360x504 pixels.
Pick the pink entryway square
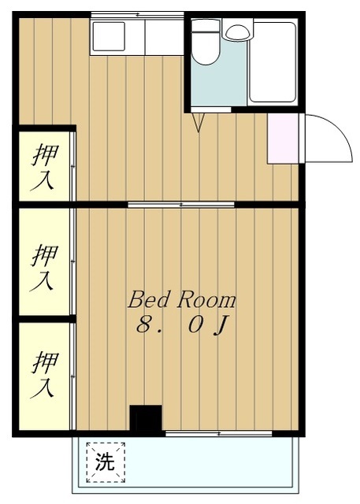(283, 139)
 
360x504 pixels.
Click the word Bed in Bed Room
(146, 300)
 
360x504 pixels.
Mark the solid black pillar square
(146, 419)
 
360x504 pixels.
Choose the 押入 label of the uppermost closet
(44, 166)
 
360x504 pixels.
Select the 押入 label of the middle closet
(44, 267)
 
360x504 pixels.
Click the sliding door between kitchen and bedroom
(180, 204)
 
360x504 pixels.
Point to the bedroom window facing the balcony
(218, 432)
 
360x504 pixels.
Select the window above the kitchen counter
(137, 14)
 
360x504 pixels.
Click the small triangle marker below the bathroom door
(199, 122)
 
